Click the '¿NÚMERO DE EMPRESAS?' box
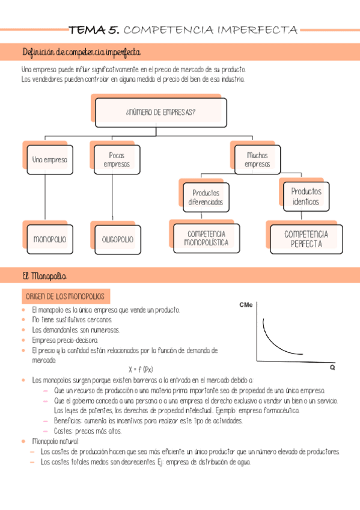pos(161,112)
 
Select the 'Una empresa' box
pos(50,160)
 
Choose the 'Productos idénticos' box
pos(306,196)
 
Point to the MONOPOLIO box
pos(50,239)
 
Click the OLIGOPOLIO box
pos(118,239)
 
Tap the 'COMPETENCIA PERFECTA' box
pos(307,239)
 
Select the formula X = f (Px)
pos(141,369)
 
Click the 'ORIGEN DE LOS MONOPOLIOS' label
pos(64,296)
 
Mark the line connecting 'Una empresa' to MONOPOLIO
pos(46,198)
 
